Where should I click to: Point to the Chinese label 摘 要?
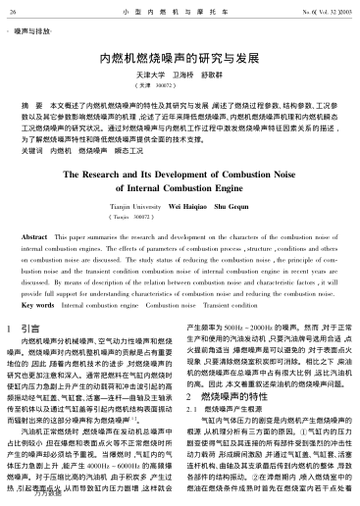(31, 102)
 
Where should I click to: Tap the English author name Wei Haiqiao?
(189, 209)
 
